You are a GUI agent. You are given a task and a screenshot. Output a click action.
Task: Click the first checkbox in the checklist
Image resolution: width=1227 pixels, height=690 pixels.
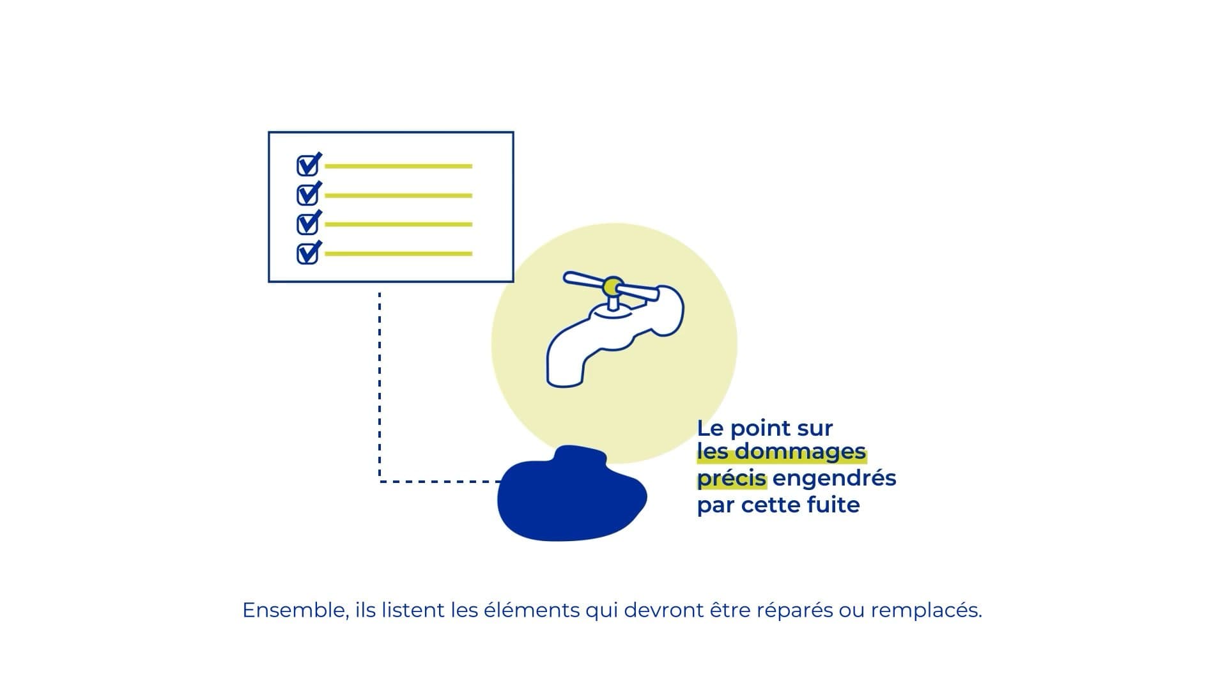[x=308, y=165]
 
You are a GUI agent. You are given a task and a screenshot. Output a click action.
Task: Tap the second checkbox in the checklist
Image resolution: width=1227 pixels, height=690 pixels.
[x=308, y=194]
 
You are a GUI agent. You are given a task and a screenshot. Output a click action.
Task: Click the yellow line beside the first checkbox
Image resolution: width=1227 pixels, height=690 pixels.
[x=399, y=166]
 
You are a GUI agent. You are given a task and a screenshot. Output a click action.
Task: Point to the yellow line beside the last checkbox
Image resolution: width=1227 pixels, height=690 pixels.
[x=399, y=254]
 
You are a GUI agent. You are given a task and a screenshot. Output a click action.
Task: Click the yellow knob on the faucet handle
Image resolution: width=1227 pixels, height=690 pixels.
[x=613, y=286]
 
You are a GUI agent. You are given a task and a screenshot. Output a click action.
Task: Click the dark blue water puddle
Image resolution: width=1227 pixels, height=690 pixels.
[x=572, y=494]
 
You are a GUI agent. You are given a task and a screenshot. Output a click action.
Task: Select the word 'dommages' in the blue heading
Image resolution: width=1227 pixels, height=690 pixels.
[x=800, y=452]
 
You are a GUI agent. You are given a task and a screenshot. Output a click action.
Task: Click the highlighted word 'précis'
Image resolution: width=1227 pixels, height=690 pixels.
[x=732, y=479]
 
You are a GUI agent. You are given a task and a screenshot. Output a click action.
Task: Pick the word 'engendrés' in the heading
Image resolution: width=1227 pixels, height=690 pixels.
[x=835, y=479]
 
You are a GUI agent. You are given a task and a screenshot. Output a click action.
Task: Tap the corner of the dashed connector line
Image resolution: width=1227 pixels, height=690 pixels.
[x=380, y=481]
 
